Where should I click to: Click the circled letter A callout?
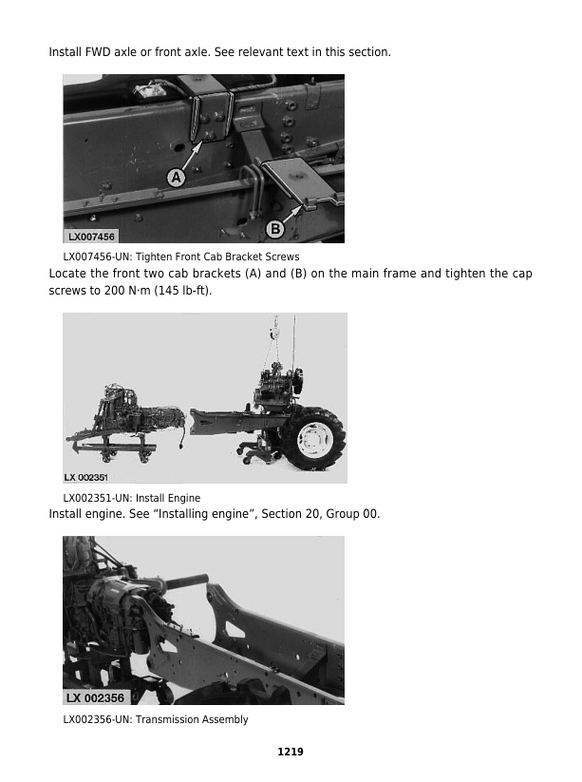point(176,177)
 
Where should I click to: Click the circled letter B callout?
point(274,229)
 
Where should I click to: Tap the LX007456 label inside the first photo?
point(91,237)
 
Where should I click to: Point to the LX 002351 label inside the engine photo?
point(85,477)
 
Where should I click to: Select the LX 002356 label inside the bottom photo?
point(95,697)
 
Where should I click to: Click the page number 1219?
point(291,752)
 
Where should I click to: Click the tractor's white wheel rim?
point(312,439)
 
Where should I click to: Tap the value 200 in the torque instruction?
point(114,290)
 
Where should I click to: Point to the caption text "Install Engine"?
point(168,498)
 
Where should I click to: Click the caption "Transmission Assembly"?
point(192,719)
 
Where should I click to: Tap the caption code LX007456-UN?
point(97,257)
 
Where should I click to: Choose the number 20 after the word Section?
point(312,514)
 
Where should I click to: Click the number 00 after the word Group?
point(370,514)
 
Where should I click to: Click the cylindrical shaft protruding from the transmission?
point(186,581)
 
